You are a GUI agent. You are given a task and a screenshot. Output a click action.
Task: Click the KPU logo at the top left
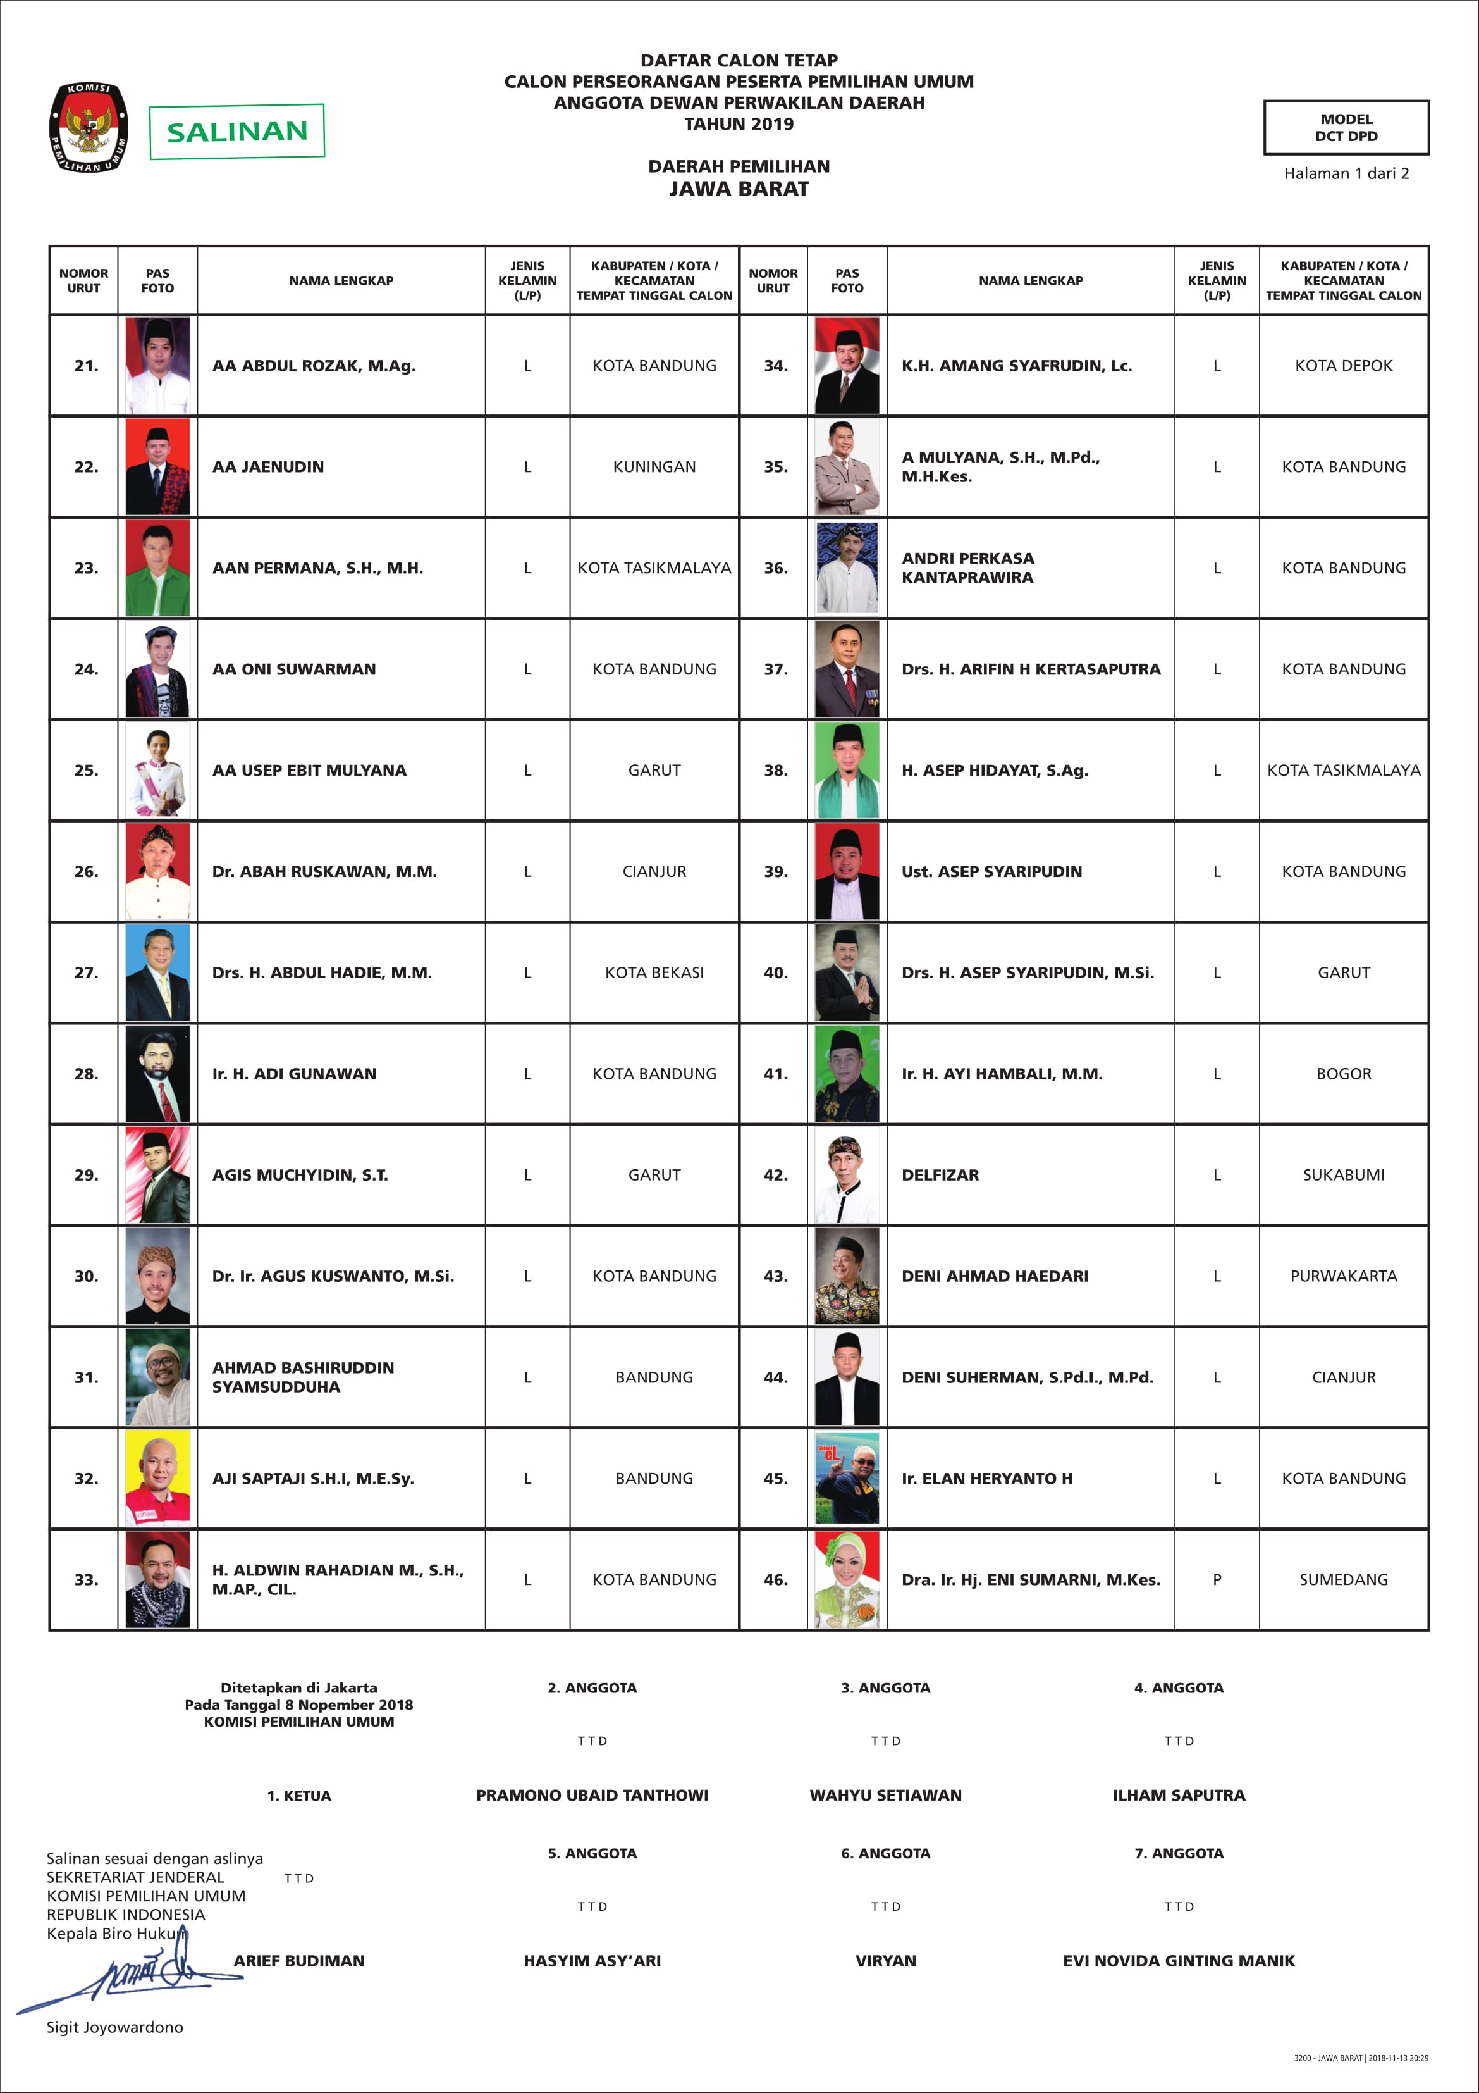(89, 128)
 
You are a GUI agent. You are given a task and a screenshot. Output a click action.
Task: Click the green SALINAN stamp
(237, 132)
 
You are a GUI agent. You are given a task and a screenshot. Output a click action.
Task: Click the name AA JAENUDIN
(268, 467)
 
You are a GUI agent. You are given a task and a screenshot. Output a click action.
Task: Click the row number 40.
(775, 972)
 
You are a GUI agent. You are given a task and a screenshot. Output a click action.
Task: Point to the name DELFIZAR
(940, 1175)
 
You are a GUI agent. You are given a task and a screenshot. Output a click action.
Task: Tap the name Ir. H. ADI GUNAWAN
(293, 1074)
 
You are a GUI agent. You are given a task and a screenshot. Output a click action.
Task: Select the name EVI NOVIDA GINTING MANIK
(1177, 1961)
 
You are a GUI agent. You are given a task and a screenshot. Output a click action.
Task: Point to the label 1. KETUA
(299, 1796)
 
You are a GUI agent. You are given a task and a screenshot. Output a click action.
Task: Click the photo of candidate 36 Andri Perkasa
(847, 567)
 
